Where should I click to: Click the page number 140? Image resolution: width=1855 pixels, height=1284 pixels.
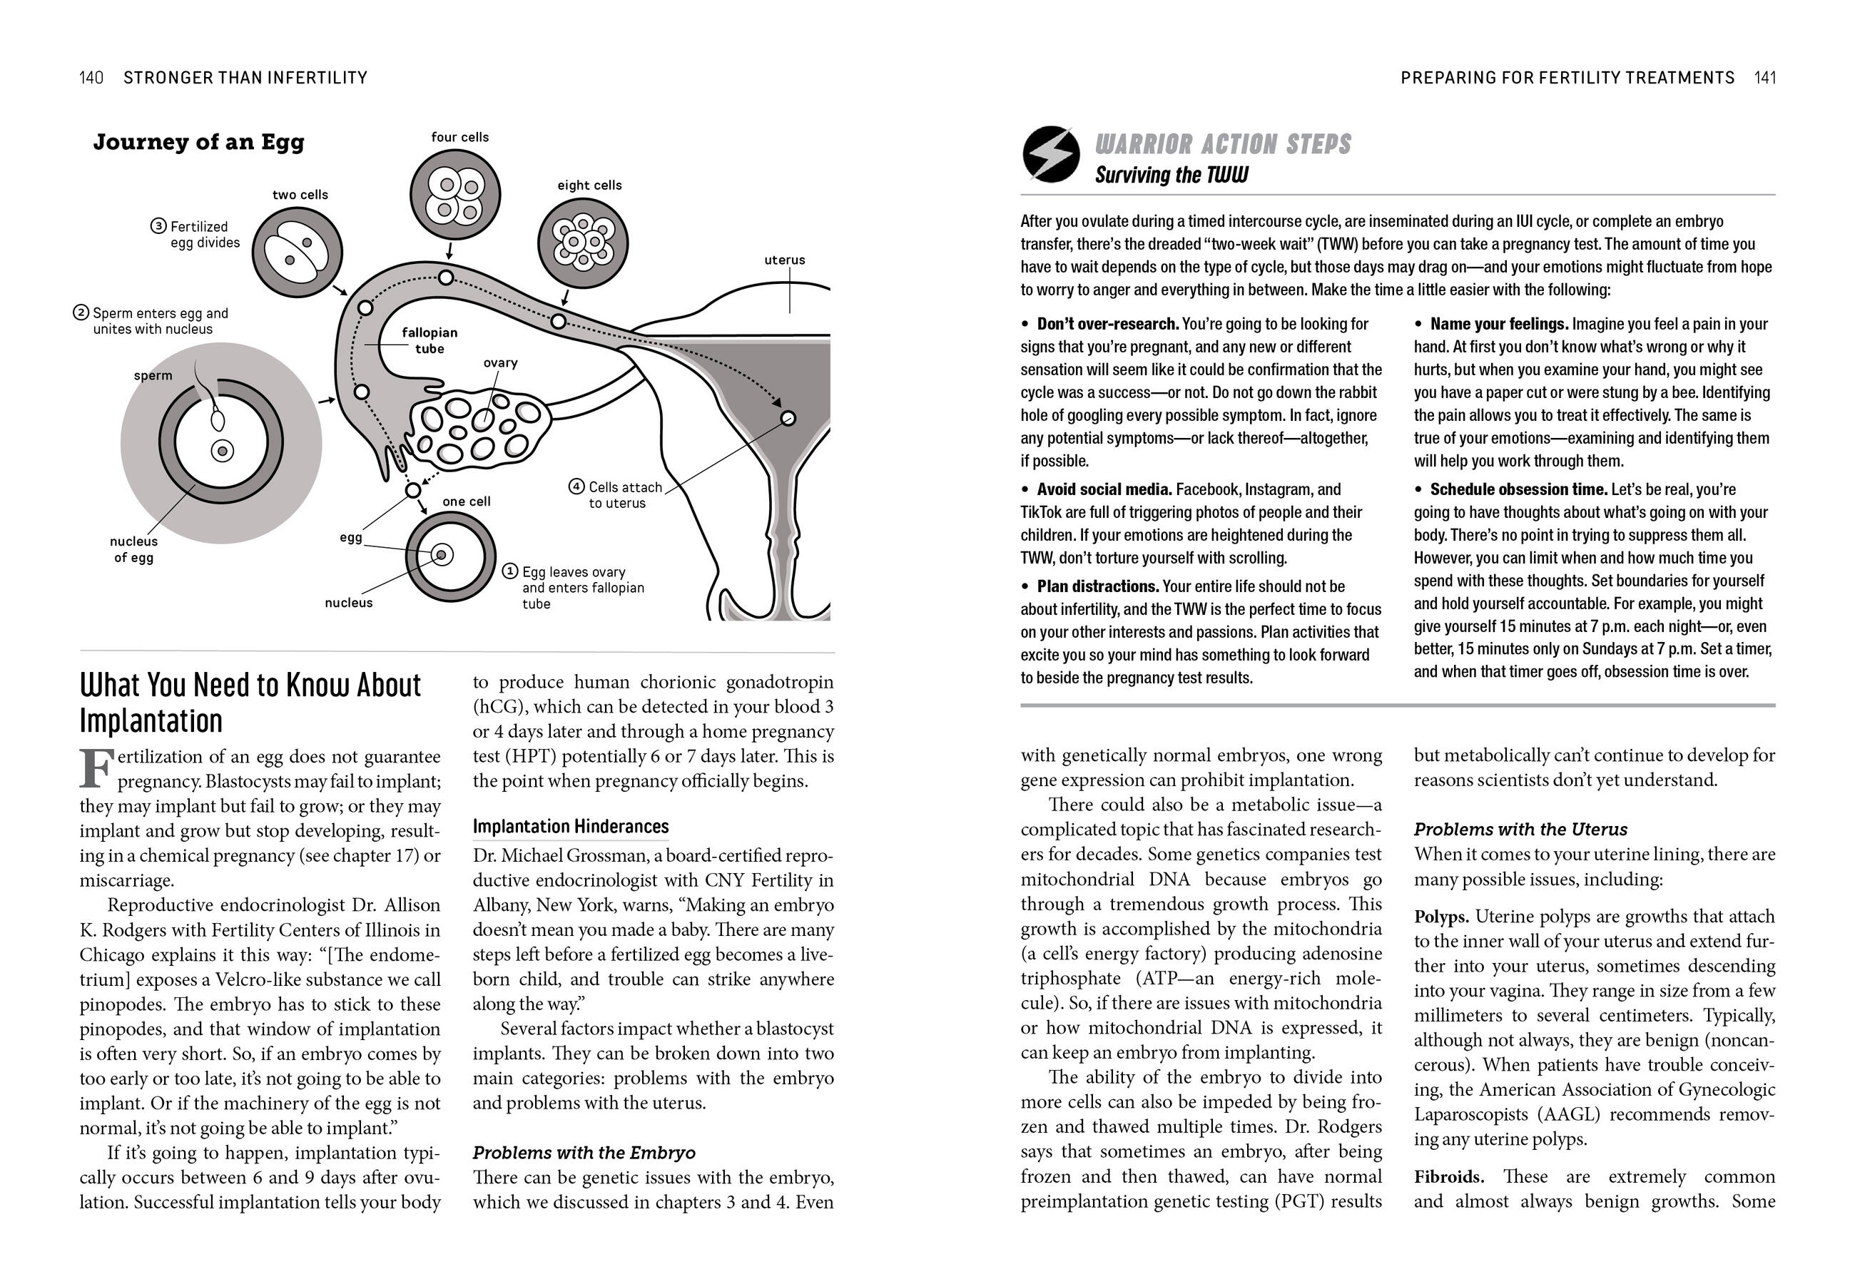click(91, 77)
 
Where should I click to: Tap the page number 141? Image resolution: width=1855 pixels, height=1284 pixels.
click(1765, 77)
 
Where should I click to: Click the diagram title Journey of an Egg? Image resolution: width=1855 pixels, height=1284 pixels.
click(198, 143)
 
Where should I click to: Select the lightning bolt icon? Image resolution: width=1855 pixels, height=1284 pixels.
click(1051, 153)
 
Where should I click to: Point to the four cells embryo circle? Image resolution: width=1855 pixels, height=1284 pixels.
click(455, 195)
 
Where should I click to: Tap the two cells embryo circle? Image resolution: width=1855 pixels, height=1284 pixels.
click(297, 252)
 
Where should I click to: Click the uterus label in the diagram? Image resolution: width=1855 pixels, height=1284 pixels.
click(784, 260)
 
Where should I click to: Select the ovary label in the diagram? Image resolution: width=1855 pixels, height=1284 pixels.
click(500, 363)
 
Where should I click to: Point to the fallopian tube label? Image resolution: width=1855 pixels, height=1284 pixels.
click(430, 340)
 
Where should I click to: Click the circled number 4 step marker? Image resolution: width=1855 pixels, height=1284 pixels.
click(576, 486)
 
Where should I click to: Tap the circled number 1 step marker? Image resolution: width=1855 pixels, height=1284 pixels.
click(510, 571)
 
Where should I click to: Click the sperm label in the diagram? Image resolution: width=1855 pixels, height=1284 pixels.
click(153, 376)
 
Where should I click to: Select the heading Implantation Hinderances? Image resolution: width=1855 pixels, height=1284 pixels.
click(570, 826)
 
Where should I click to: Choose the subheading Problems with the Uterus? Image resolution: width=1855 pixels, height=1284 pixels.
click(1520, 830)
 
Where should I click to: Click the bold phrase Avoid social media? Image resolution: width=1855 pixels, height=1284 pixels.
click(1104, 489)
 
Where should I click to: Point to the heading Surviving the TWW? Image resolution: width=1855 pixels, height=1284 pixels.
click(1172, 175)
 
